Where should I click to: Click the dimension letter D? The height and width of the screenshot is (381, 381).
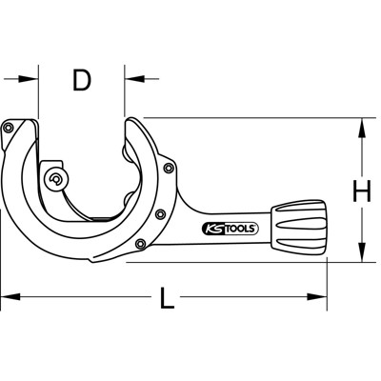point(82,81)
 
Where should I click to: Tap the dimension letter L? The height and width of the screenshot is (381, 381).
point(167,300)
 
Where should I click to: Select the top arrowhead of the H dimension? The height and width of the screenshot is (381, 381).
point(362,125)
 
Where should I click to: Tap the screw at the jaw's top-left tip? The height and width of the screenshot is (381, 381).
point(11,129)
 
